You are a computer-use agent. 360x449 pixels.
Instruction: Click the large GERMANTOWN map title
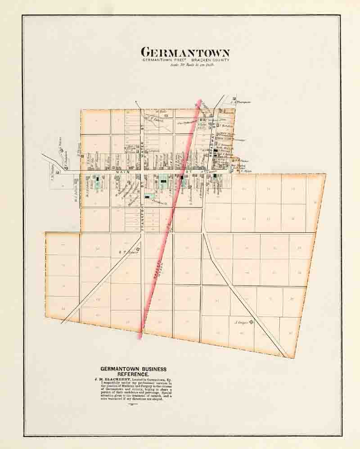tap(185, 52)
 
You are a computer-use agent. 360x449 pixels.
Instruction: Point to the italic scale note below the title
tap(186, 65)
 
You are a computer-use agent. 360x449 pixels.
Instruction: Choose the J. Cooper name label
tap(242, 322)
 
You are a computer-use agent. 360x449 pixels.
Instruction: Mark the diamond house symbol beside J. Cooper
tap(251, 322)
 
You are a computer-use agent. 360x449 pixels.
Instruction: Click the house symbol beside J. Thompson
tap(234, 99)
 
